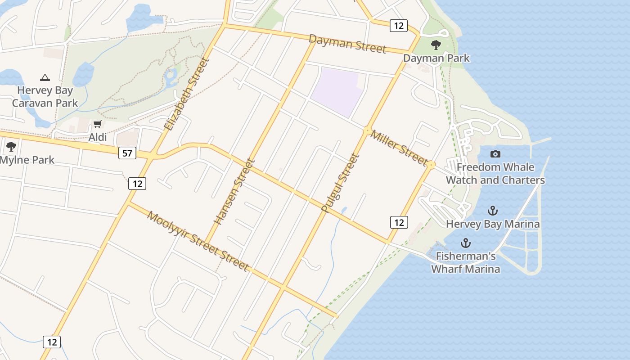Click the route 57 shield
tap(127, 153)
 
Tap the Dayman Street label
tap(347, 44)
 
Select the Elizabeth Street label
tap(187, 94)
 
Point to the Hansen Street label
tap(234, 192)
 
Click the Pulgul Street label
tap(341, 183)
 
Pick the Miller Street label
tap(399, 148)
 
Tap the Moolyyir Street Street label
tap(198, 241)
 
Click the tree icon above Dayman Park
tap(436, 45)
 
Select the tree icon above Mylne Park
tap(11, 147)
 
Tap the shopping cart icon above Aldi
tap(98, 124)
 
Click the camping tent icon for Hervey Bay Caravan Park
tap(45, 77)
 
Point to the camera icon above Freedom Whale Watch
tap(495, 154)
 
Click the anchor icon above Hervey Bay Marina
tap(493, 211)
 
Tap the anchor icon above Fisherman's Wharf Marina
tap(465, 243)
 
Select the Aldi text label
tap(98, 137)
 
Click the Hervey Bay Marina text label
tap(493, 224)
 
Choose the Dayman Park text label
tap(436, 58)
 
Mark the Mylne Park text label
tap(27, 160)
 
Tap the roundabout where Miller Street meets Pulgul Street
tap(367, 131)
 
